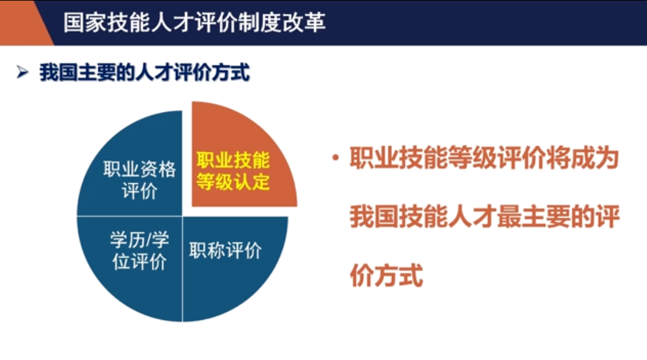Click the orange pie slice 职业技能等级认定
coord(241,156)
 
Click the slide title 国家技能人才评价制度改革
coord(194,22)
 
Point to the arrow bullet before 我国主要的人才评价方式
coord(24,74)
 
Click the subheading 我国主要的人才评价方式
coord(144,74)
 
